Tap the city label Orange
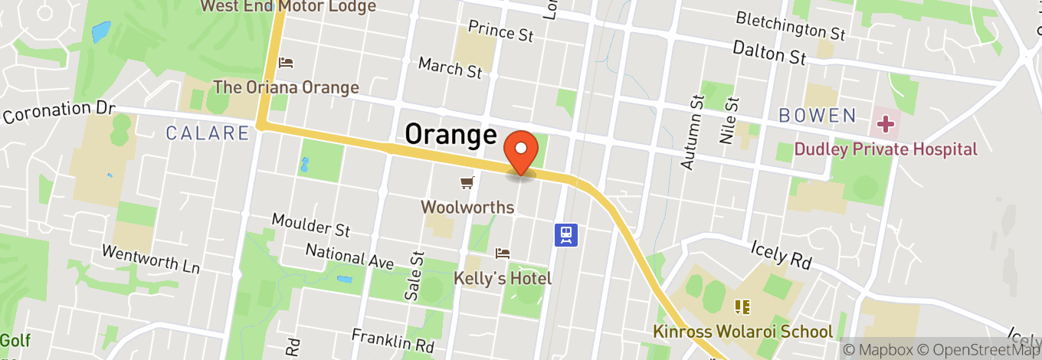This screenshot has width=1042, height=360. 451,134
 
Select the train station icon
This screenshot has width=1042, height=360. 566,234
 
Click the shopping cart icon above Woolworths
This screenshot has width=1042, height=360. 467,182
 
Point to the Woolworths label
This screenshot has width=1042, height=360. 454,207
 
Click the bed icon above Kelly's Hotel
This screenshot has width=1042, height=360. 503,253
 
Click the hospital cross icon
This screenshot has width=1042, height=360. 885,123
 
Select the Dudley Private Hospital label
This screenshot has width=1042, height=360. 886,149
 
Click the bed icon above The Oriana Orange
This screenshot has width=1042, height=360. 286,62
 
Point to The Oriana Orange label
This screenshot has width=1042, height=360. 286,87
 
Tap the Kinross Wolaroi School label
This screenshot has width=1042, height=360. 742,332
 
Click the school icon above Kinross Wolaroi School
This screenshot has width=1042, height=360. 741,307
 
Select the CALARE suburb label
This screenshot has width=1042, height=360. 208,133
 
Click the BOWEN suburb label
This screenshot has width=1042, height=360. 817,116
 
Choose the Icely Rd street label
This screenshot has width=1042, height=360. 779,253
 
